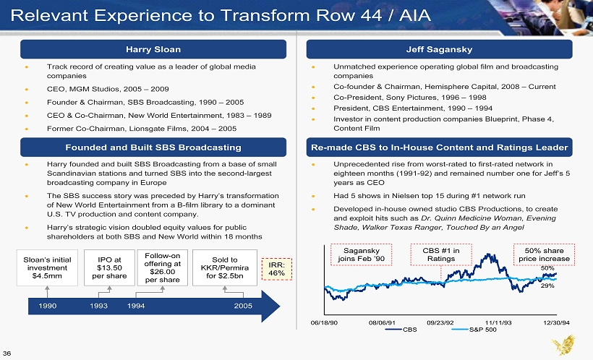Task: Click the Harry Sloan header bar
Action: pyautogui.click(x=153, y=49)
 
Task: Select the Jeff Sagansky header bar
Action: pyautogui.click(x=438, y=49)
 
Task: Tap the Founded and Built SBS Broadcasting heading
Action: pyautogui.click(x=153, y=147)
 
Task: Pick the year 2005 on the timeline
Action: pyautogui.click(x=244, y=307)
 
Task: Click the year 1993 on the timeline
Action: pyautogui.click(x=100, y=307)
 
